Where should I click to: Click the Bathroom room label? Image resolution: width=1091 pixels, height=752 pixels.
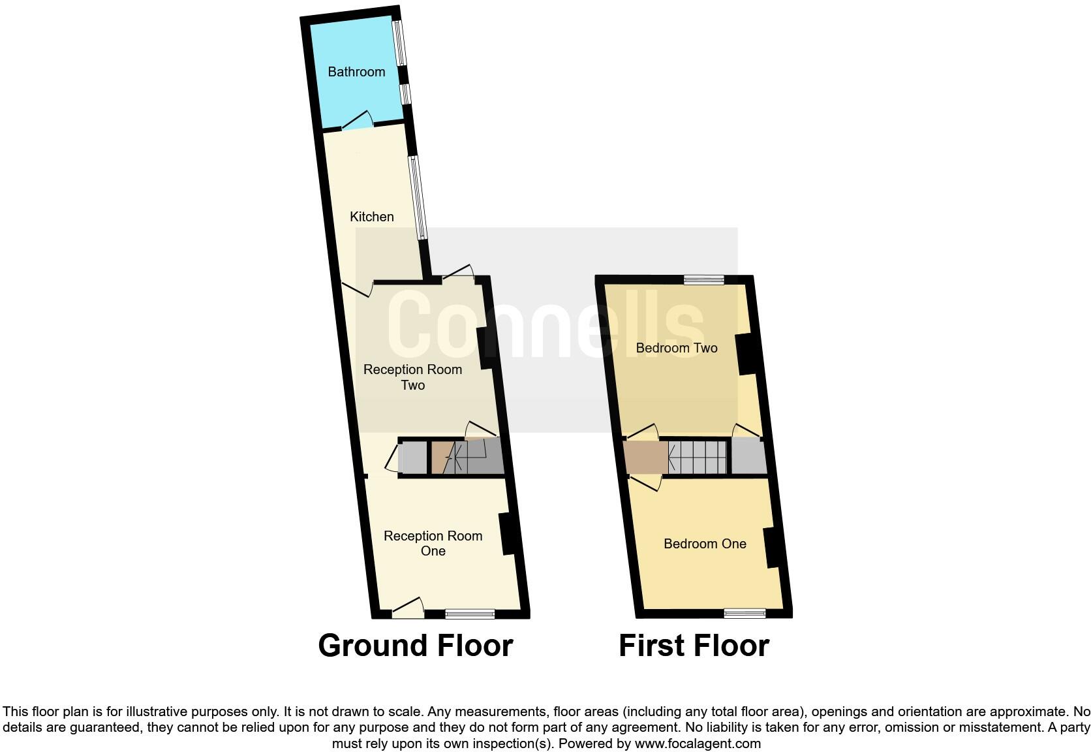point(356,72)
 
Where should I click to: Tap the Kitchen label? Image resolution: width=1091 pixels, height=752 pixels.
point(371,217)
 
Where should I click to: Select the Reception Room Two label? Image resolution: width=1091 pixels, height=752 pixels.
point(412,377)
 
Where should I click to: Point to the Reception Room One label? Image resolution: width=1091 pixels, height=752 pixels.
point(433,543)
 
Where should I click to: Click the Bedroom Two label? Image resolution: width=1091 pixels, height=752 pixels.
point(677,348)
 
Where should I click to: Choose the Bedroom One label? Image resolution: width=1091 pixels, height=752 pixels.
point(705,544)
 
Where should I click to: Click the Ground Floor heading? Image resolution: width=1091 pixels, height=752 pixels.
point(416,646)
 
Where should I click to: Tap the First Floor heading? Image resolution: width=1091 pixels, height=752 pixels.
point(694,646)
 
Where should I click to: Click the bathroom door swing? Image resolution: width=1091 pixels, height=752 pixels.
point(358,121)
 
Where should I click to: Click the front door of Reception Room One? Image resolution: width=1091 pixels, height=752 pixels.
point(408,608)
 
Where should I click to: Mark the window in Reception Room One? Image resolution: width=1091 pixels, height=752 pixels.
point(470,614)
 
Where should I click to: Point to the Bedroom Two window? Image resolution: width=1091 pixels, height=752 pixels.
point(704,280)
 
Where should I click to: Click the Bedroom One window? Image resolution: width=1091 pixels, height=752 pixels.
point(745,614)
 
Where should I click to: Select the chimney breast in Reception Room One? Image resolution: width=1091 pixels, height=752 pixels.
point(508,535)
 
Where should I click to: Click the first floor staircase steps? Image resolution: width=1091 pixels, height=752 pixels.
point(698,457)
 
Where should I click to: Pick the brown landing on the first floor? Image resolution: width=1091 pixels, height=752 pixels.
point(645,457)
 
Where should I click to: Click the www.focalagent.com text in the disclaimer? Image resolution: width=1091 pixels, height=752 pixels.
point(697,744)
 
